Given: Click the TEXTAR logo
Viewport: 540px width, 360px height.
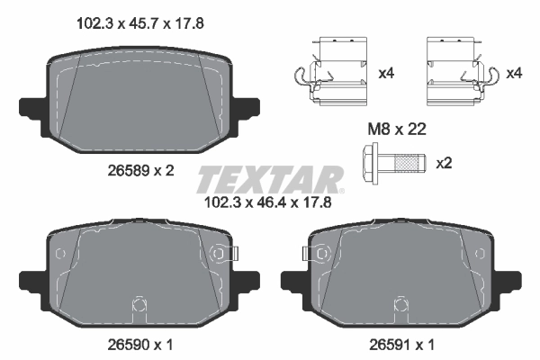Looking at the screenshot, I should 270,179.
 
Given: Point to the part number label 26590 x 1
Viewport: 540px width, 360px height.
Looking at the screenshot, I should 139,343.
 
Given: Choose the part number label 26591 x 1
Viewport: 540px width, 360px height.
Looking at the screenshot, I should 400,343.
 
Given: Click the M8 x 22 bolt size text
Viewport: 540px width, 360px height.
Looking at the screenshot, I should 396,130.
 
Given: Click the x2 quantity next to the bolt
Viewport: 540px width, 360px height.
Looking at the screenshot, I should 444,164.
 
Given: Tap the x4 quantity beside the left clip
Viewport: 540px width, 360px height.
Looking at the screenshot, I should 387,73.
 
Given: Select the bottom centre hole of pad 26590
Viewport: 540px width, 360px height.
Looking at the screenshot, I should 139,303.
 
